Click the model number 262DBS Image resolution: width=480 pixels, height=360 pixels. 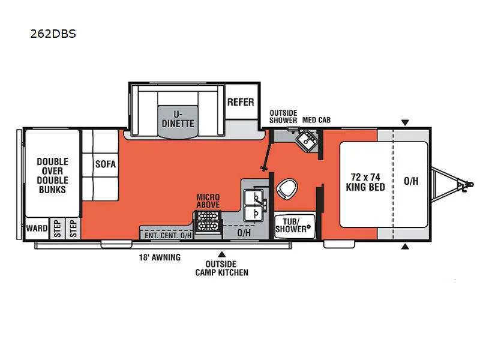[53, 34]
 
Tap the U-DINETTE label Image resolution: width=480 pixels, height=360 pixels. [177, 118]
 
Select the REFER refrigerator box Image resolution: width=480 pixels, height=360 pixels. [241, 103]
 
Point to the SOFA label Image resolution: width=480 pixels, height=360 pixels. [105, 164]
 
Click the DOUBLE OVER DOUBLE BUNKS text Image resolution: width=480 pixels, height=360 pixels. [52, 175]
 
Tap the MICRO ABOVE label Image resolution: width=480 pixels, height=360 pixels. [208, 201]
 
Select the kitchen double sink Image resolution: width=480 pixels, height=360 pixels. [256, 204]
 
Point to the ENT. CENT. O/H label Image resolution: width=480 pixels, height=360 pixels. [168, 235]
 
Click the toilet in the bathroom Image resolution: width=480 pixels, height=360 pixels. [286, 190]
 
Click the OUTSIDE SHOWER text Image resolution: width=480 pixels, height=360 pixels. [283, 116]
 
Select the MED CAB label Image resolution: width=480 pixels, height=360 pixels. [316, 120]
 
